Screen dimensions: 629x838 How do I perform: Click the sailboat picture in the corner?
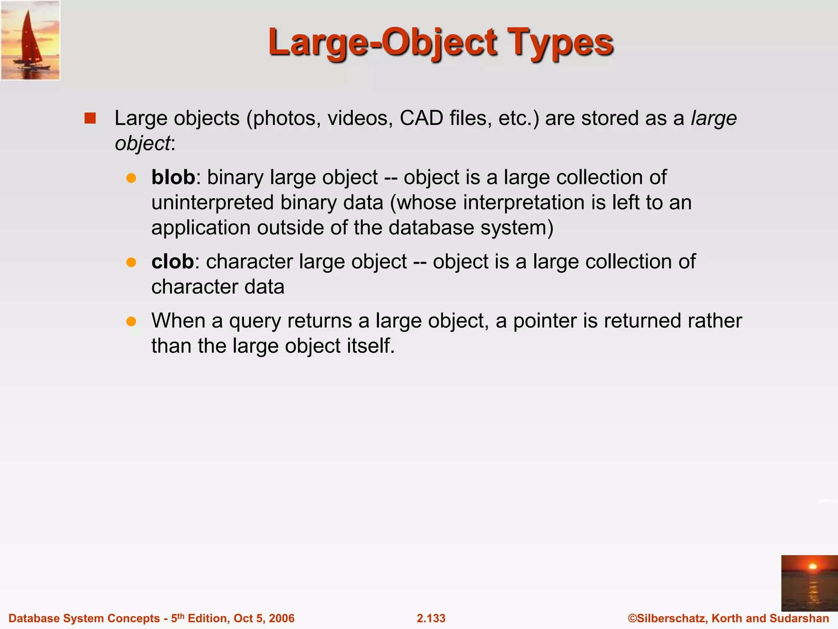(x=30, y=40)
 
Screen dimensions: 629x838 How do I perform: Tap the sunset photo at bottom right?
(x=809, y=583)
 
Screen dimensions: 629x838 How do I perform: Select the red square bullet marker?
(x=90, y=118)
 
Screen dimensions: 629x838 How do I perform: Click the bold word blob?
(x=173, y=177)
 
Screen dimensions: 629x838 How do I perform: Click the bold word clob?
(x=172, y=262)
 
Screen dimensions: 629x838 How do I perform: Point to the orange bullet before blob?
(x=131, y=178)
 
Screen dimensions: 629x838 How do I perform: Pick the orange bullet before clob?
(x=131, y=262)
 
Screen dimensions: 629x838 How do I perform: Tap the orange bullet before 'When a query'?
(x=131, y=321)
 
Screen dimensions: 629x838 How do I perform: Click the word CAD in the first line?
(x=421, y=118)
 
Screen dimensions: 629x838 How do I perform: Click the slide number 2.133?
(x=431, y=618)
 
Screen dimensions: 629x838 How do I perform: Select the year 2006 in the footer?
(x=282, y=618)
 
